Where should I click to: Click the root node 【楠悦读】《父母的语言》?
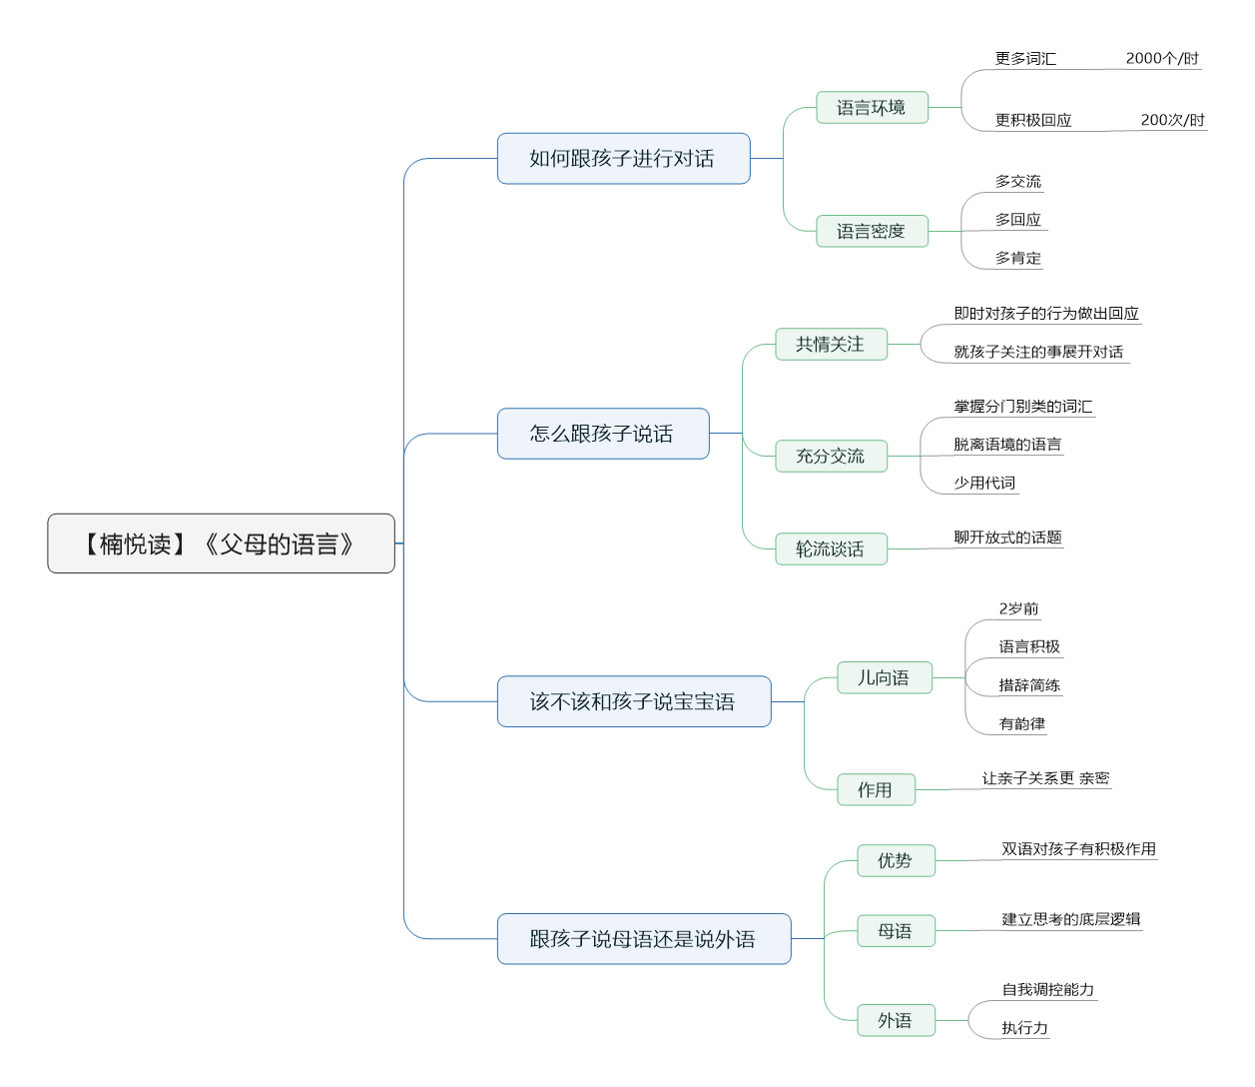click(x=221, y=543)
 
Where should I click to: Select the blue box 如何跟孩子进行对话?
click(x=623, y=159)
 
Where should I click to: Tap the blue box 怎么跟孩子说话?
click(x=603, y=434)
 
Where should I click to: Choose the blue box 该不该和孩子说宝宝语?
click(x=633, y=701)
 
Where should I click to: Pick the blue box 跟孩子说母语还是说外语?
click(x=643, y=939)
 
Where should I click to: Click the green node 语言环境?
click(x=872, y=108)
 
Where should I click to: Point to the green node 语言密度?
click(x=872, y=232)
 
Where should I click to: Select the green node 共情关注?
click(x=831, y=345)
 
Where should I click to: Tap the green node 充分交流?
click(x=831, y=457)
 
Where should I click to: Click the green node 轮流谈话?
click(x=831, y=549)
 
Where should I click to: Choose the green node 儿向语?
click(x=884, y=678)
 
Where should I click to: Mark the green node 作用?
click(x=876, y=790)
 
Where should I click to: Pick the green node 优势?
click(x=896, y=861)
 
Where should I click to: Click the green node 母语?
click(x=896, y=931)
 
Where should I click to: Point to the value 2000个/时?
click(x=1162, y=59)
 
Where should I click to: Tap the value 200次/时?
click(x=1172, y=121)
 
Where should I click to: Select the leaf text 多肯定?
click(x=1017, y=258)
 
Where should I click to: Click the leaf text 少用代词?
click(x=984, y=483)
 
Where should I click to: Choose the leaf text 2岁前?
click(x=1018, y=608)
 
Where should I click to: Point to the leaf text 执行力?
click(x=1024, y=1028)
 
